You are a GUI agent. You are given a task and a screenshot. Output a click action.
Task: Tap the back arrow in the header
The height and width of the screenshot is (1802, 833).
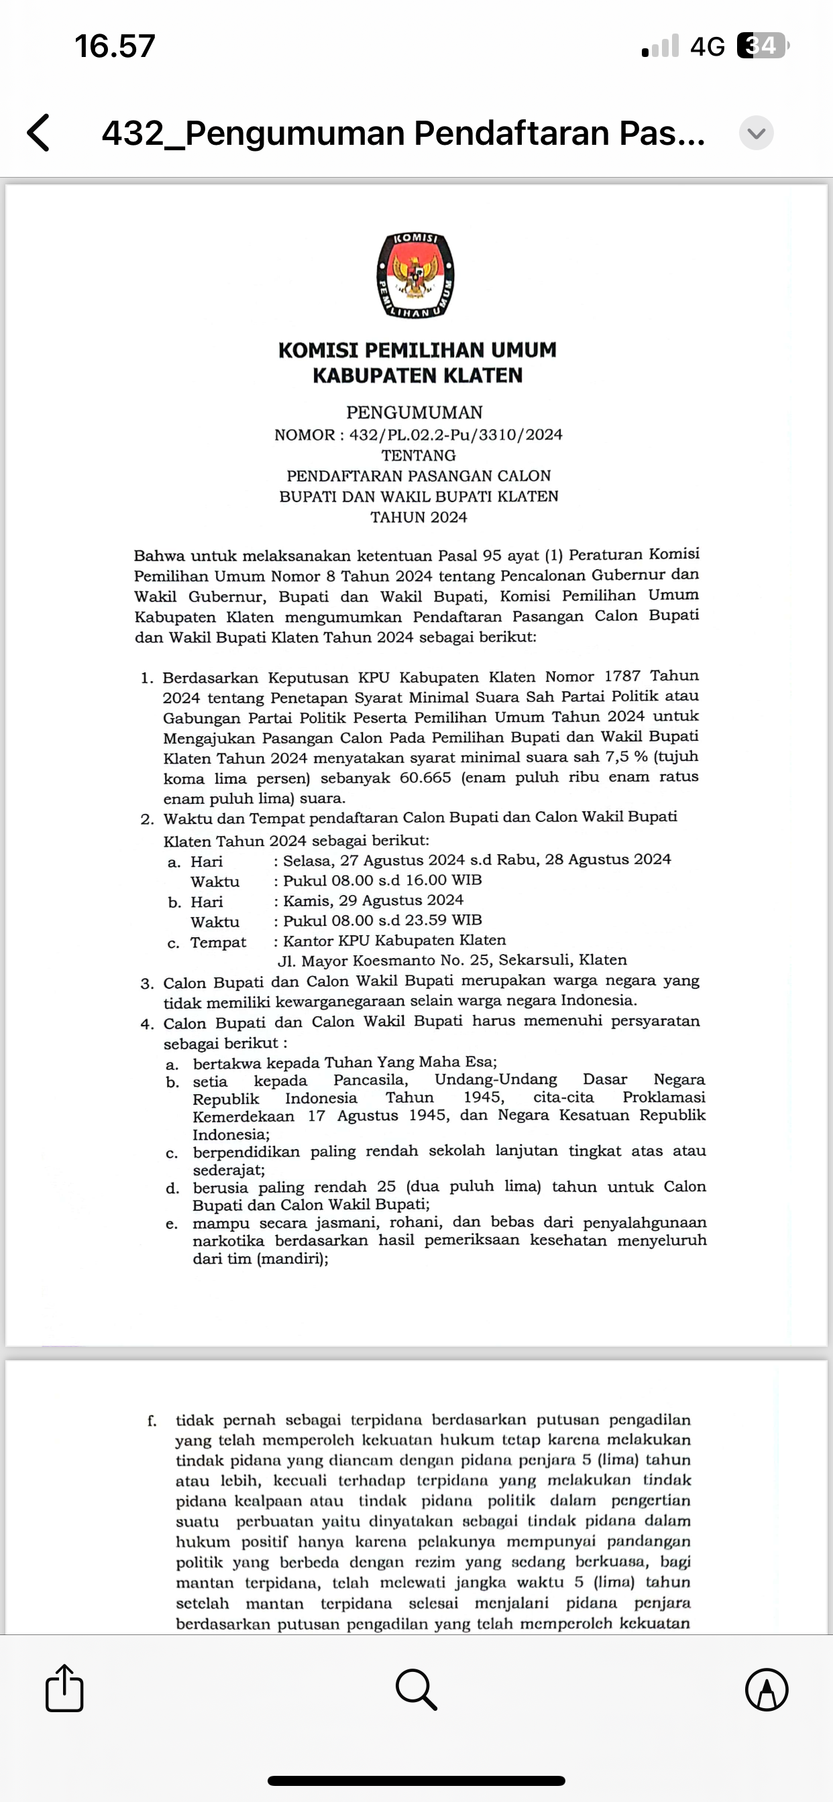point(39,133)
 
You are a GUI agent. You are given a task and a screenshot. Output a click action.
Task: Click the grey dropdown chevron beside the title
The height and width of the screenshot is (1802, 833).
point(756,133)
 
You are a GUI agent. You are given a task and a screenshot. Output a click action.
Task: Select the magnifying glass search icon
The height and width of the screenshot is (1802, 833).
point(416,1689)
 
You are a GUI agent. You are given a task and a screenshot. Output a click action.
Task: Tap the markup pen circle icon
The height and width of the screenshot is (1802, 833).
point(767,1689)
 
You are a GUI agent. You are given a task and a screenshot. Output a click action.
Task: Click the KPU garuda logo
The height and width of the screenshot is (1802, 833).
point(416,275)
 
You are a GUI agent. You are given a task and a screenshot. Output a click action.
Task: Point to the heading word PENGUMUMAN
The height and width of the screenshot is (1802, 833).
point(414,413)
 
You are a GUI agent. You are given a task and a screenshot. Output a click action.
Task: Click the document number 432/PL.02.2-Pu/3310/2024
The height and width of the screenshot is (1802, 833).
point(455,435)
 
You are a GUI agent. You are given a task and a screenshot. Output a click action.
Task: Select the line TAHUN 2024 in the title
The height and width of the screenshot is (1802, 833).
point(419,518)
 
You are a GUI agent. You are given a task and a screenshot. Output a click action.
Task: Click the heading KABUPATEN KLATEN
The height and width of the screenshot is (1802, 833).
point(417,376)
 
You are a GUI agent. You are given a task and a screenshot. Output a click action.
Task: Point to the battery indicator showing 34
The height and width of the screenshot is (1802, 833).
point(763,46)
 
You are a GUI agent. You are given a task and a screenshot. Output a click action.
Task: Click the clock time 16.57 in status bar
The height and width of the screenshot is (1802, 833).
point(115,46)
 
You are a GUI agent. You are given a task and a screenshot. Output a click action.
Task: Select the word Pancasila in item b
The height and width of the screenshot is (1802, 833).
point(370,1080)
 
